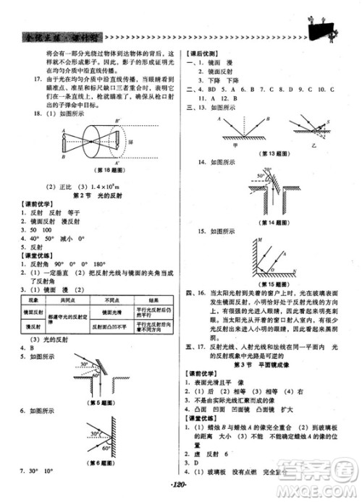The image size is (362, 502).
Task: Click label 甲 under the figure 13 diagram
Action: tap(237, 144)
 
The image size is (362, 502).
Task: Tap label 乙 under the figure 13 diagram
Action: tap(313, 145)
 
